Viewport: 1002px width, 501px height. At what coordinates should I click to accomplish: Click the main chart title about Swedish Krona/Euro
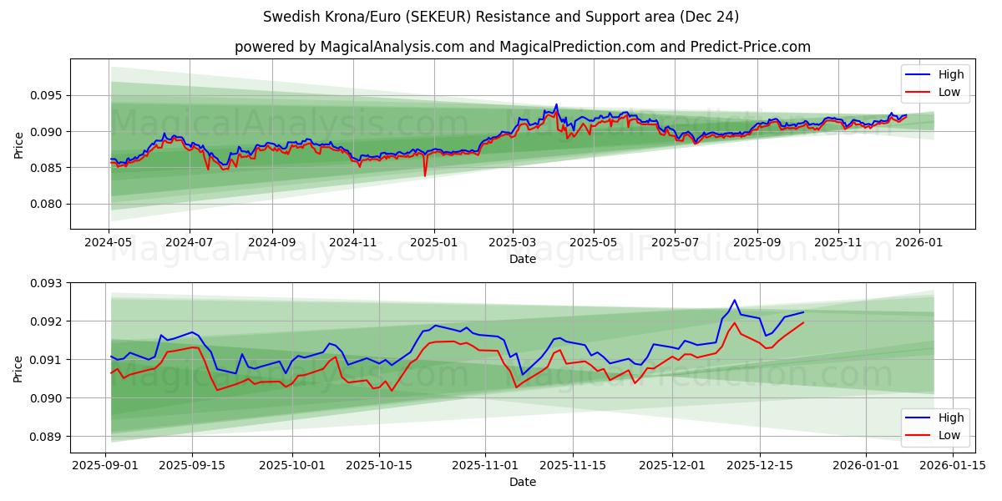501,17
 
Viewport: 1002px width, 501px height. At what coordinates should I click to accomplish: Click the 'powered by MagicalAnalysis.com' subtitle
522,47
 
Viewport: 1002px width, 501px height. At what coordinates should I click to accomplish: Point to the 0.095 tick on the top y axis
47,95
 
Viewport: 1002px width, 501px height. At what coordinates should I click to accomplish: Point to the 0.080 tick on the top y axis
47,204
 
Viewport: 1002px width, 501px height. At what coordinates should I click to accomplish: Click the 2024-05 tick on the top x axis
109,242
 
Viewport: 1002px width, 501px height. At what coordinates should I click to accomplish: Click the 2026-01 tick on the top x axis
919,242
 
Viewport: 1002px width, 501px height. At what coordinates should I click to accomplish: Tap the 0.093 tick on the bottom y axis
47,283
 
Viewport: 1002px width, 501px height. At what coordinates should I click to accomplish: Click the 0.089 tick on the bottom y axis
47,437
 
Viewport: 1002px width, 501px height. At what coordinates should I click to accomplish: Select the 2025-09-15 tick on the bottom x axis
192,466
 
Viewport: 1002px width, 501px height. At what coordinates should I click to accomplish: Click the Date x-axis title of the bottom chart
522,482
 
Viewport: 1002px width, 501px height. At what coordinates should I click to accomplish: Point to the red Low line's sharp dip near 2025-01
424,175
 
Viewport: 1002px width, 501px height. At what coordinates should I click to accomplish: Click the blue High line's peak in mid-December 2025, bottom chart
735,300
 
